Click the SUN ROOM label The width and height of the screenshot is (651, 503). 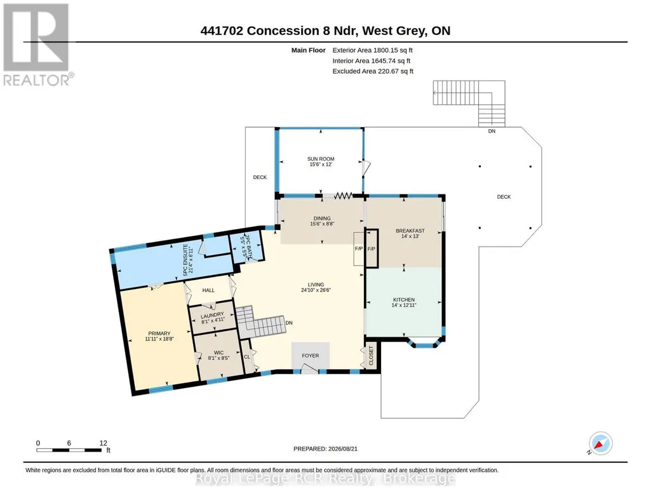321,159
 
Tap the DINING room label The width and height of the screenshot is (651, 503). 322,218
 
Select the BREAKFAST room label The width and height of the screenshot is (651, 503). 410,231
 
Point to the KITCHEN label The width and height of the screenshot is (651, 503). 404,300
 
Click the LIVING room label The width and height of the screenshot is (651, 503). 316,285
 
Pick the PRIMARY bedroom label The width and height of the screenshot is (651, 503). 159,333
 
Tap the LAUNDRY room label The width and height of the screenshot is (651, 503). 213,314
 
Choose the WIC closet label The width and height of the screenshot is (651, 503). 218,352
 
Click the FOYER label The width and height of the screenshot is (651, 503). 311,356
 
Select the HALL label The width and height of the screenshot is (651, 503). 208,290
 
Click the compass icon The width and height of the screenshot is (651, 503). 601,443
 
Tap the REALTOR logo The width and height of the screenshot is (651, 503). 37,44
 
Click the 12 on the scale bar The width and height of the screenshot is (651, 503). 104,443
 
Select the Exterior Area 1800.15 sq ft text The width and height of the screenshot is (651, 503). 372,50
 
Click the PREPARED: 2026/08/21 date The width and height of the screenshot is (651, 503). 325,448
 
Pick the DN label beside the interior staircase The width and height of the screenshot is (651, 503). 289,323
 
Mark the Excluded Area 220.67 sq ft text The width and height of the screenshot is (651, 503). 373,71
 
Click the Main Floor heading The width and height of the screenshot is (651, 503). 309,50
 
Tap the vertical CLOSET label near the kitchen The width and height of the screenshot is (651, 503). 371,356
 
